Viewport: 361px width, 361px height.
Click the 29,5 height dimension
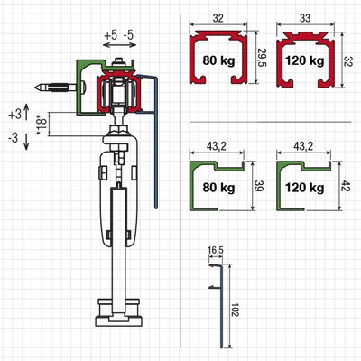[261, 58]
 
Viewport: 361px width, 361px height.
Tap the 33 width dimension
[305, 18]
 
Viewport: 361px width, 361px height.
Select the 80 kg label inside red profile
[218, 60]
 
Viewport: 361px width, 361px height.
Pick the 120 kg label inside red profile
[305, 60]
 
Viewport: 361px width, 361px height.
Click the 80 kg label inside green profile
[218, 188]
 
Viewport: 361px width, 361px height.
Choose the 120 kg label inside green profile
[305, 188]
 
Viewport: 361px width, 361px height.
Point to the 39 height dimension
[259, 186]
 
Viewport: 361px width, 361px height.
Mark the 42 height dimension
[347, 185]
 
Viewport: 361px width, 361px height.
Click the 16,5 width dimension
[216, 250]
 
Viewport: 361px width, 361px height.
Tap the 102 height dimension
[236, 308]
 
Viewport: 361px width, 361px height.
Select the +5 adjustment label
[110, 35]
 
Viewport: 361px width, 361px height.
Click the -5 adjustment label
[128, 35]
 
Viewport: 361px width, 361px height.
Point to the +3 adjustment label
[15, 115]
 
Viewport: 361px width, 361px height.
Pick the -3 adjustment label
[14, 138]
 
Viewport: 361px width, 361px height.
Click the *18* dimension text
[42, 125]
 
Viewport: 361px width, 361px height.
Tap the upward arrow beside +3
[26, 113]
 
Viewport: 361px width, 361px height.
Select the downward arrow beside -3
[26, 142]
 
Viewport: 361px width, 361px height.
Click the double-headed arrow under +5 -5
[119, 45]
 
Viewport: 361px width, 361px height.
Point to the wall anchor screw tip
[36, 88]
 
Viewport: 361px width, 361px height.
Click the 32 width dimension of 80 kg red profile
[218, 18]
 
